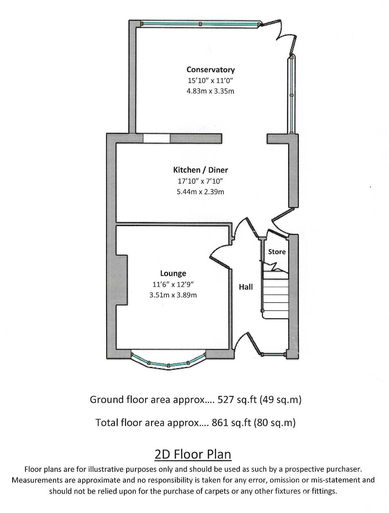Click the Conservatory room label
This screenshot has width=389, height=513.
[x=210, y=70]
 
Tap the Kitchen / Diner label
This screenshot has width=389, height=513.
[x=200, y=170]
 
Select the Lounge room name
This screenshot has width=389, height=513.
[x=173, y=273]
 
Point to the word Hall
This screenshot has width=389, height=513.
[x=246, y=287]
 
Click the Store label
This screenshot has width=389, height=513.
[x=277, y=252]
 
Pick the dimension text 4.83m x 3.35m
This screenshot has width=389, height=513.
[x=210, y=91]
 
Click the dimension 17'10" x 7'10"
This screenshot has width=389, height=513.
[x=200, y=181]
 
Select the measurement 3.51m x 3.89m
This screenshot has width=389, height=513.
[x=173, y=295]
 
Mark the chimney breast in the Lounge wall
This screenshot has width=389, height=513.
[x=122, y=280]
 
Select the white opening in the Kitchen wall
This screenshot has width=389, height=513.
[x=157, y=138]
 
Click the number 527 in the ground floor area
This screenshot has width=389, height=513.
[x=226, y=400]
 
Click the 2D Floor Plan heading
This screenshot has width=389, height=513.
[x=193, y=454]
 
